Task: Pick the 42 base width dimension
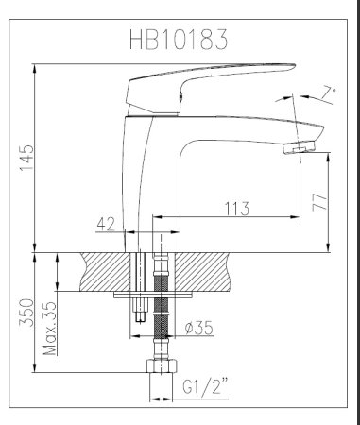click(x=108, y=225)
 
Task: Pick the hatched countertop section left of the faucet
click(x=99, y=271)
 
